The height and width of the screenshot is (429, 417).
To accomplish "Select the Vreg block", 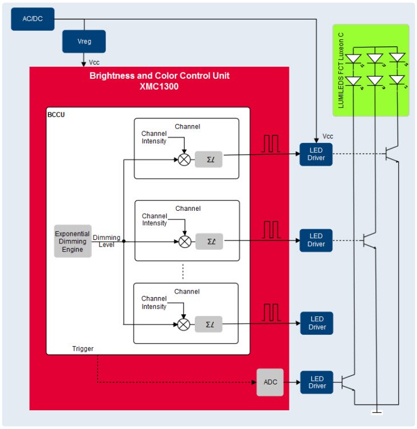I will point(84,42).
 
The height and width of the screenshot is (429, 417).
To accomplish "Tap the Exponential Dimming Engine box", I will point(73,241).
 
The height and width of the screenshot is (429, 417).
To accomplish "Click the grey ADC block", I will point(270,382).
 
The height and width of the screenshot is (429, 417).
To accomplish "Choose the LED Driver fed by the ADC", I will point(316,382).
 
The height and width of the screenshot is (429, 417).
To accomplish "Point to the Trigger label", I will point(83,348).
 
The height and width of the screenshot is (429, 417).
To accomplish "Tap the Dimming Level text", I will point(106,241).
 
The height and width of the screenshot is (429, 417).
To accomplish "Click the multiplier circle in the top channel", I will point(184,159).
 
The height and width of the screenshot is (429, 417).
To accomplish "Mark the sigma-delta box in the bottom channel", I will point(209,324).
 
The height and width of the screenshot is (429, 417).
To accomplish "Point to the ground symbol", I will point(377,411).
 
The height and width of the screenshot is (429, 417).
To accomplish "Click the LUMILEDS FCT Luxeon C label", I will point(342,70).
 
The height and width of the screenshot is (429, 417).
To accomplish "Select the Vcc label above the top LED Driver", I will point(327,137).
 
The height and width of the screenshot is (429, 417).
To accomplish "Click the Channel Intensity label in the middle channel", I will point(154,219).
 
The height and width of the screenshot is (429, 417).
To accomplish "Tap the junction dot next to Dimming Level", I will point(124,241).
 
